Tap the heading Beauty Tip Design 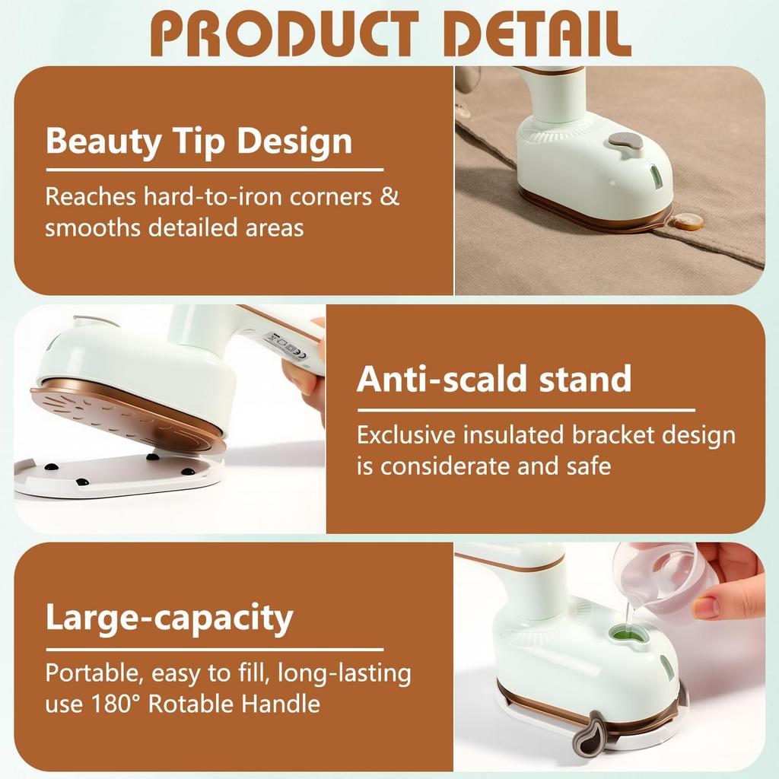199,141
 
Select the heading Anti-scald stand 494,379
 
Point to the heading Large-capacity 169,618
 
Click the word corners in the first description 331,196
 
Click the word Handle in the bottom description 281,704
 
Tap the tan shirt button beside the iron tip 689,222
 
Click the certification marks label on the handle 281,343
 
